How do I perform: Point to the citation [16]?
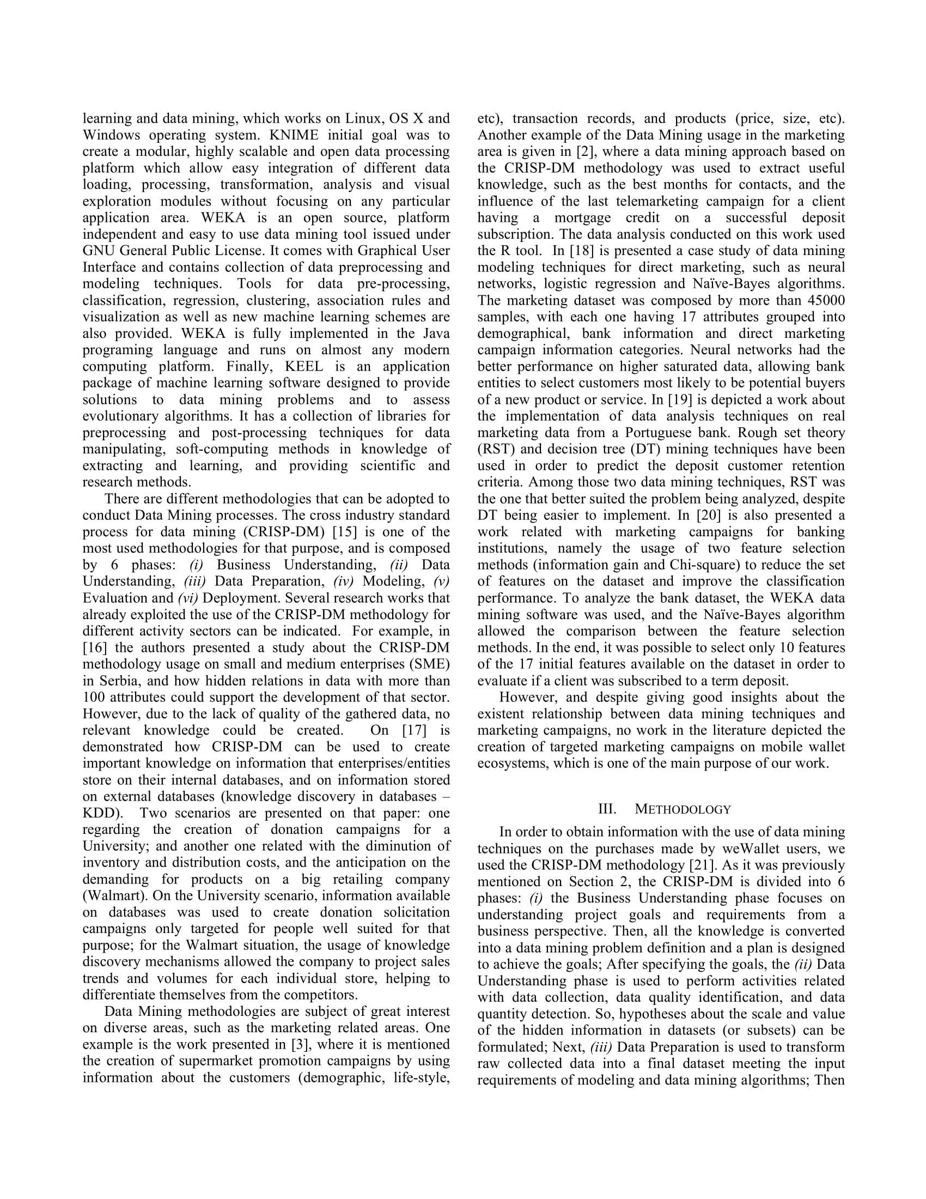pyautogui.click(x=95, y=648)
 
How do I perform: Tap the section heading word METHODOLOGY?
pyautogui.click(x=683, y=810)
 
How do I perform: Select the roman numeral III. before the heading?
pyautogui.click(x=607, y=810)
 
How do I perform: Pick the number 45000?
pyautogui.click(x=826, y=301)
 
